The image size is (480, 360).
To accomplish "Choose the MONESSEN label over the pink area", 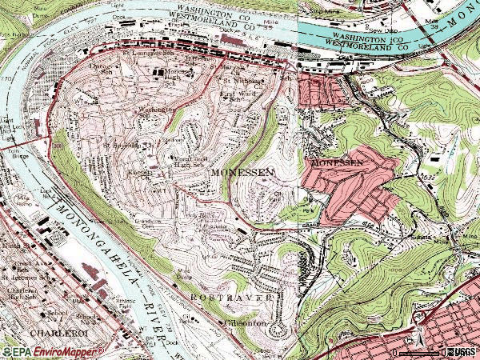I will tap(336, 162).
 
